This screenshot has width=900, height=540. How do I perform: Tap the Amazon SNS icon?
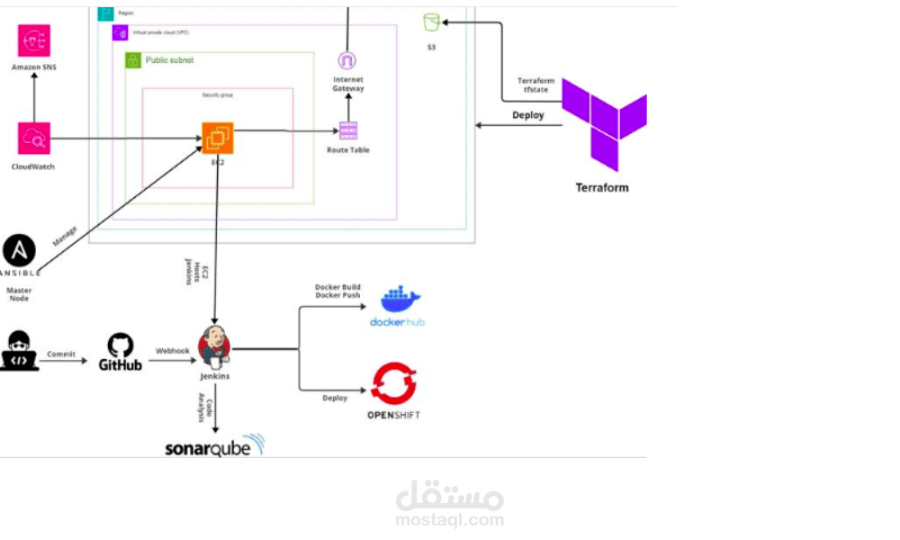(x=34, y=40)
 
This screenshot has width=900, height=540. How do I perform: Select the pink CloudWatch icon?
(x=34, y=139)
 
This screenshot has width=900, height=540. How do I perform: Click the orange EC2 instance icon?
(x=217, y=139)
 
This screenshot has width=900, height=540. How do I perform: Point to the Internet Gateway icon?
(x=346, y=60)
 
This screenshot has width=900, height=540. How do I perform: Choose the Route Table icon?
(x=347, y=130)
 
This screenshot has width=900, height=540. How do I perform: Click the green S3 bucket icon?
(x=431, y=22)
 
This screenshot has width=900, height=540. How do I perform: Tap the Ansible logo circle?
(x=19, y=250)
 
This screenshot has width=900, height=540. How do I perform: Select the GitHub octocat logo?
(x=121, y=345)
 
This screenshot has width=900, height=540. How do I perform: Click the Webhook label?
(x=173, y=350)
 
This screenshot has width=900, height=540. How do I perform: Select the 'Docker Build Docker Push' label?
(x=337, y=291)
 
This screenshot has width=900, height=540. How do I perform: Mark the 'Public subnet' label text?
(x=169, y=60)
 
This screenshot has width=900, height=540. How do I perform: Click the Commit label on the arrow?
(x=61, y=354)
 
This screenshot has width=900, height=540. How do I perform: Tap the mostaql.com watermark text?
(x=449, y=519)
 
